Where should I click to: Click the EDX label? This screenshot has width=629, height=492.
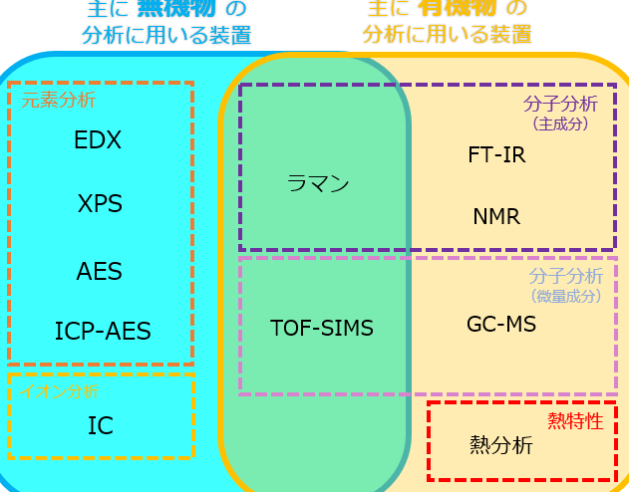(x=98, y=140)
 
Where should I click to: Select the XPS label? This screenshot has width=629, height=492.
(x=100, y=204)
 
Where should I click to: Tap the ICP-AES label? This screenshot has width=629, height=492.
(x=103, y=331)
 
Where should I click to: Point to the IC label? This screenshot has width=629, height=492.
(x=100, y=426)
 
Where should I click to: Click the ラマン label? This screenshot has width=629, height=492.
(x=318, y=183)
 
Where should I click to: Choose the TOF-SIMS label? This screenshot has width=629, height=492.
(x=322, y=328)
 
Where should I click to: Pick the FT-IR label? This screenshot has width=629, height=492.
(x=496, y=155)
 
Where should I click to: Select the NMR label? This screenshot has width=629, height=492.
(x=496, y=216)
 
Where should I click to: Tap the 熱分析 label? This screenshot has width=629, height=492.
(x=500, y=445)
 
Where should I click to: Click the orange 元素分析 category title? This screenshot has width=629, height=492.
(x=59, y=100)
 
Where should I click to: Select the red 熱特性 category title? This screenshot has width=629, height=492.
(x=576, y=420)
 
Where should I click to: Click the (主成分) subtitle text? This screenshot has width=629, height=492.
(x=561, y=124)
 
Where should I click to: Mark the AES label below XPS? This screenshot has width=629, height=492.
(x=100, y=270)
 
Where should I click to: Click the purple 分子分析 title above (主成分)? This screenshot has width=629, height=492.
(x=560, y=104)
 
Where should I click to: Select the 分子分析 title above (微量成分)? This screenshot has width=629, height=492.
(x=565, y=276)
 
